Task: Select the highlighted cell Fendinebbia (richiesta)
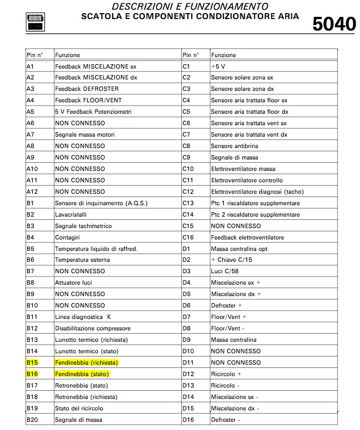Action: (87, 363)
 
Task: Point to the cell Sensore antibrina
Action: (234, 146)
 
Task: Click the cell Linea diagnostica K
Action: (83, 317)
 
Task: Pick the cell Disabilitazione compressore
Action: (93, 328)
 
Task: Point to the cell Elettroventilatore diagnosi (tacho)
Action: (257, 192)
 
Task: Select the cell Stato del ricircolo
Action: (79, 408)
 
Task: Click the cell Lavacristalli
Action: (71, 214)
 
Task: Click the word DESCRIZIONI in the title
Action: (141, 7)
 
